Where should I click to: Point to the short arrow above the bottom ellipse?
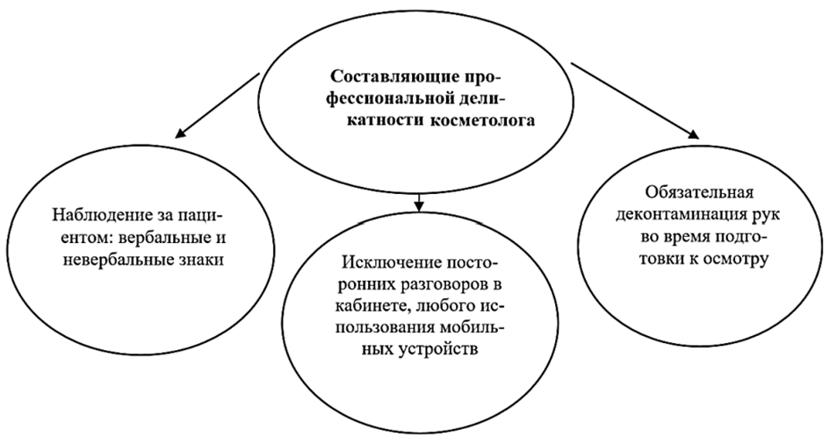(419, 202)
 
